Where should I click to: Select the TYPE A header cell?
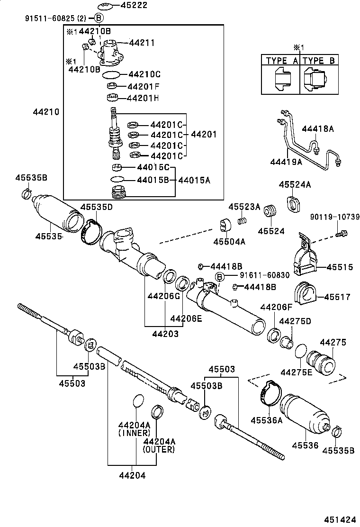(x=282, y=61)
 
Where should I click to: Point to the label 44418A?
(x=318, y=128)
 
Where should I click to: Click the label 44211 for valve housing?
(x=142, y=43)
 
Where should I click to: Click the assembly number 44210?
(x=46, y=112)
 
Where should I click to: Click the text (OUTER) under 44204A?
(x=159, y=449)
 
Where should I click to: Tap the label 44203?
(x=165, y=334)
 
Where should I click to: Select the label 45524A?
(x=295, y=184)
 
